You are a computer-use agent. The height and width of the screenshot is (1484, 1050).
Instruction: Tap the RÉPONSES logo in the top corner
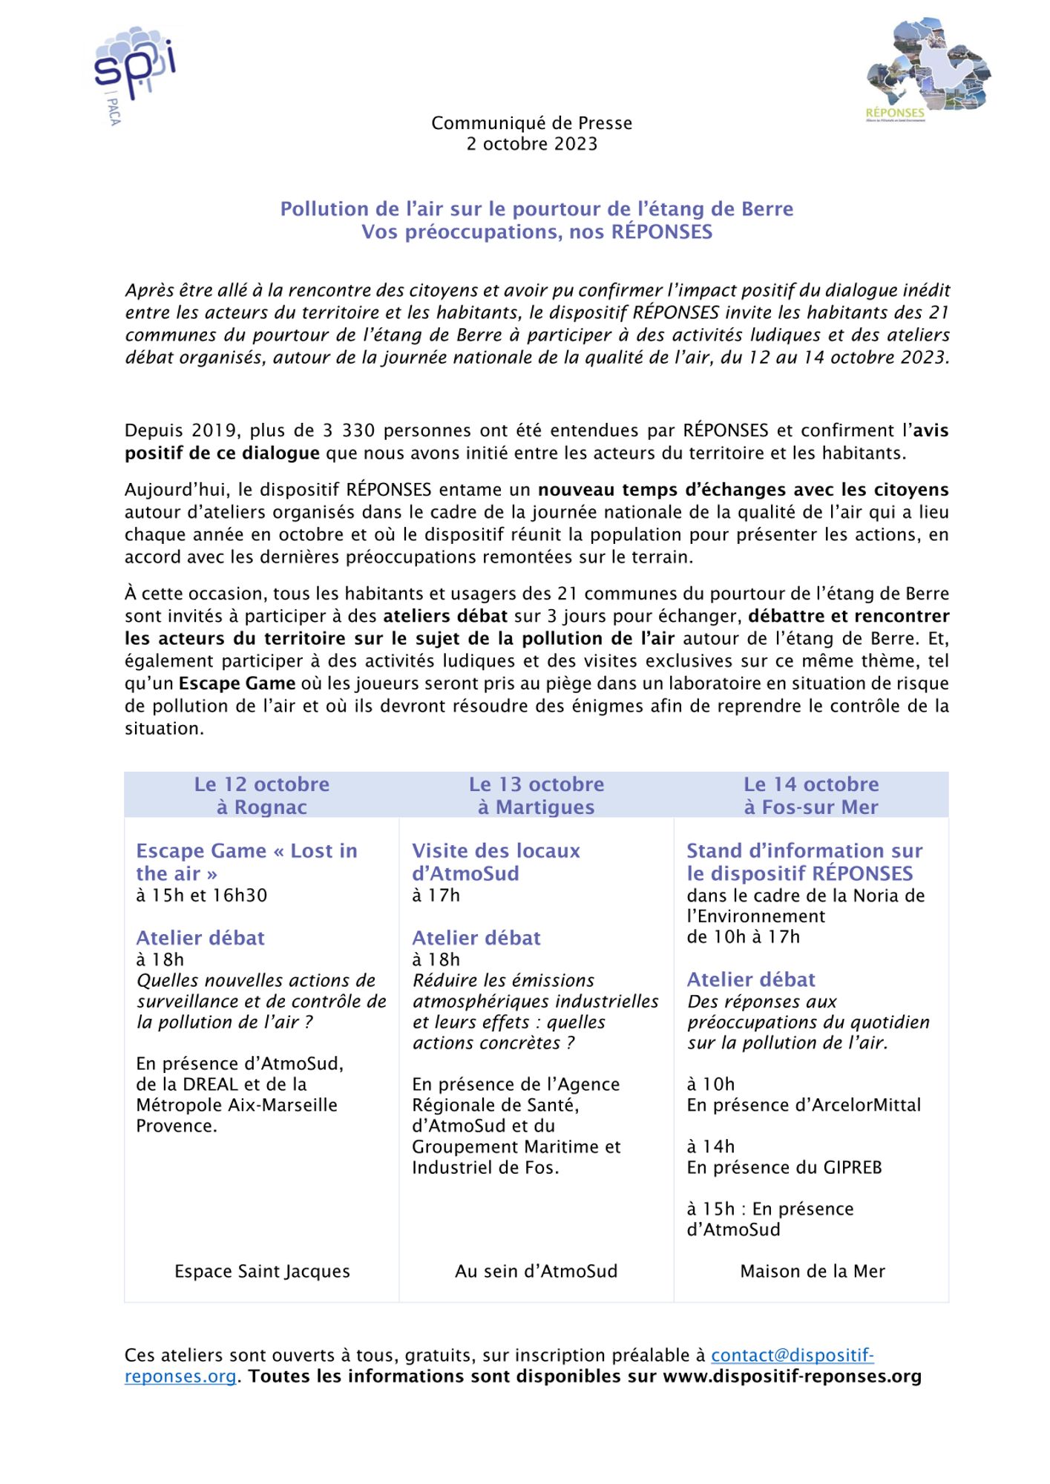[x=928, y=70]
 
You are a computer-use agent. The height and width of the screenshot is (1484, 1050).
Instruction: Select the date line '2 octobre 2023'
[x=531, y=144]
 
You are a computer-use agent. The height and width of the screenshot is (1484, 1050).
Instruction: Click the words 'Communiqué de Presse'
[x=531, y=123]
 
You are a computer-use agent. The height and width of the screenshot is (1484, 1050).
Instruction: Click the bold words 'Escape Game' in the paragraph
[x=237, y=683]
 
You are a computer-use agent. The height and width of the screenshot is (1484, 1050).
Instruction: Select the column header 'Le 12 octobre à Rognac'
[x=261, y=795]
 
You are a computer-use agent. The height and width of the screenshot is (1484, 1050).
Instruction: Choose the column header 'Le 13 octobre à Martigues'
[x=536, y=795]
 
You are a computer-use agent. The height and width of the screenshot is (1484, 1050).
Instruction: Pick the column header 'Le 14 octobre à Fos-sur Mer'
[x=810, y=795]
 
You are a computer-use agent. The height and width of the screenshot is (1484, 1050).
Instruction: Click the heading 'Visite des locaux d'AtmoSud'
[x=496, y=861]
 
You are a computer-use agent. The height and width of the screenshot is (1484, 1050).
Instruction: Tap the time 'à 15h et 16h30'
[x=201, y=896]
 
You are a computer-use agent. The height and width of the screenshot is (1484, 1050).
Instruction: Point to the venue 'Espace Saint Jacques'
[x=262, y=1271]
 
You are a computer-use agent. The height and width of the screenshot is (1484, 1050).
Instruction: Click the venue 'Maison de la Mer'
[x=812, y=1271]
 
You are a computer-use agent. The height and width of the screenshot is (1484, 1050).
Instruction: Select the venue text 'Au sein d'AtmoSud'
[x=536, y=1271]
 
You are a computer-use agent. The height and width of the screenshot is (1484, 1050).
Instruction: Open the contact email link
[x=792, y=1355]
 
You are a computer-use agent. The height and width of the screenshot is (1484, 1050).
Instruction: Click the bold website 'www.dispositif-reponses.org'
[x=792, y=1376]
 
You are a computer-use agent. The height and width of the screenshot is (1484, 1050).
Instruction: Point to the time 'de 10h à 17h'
[x=743, y=937]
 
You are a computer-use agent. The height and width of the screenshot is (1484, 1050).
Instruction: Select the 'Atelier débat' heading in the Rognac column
[x=200, y=938]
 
